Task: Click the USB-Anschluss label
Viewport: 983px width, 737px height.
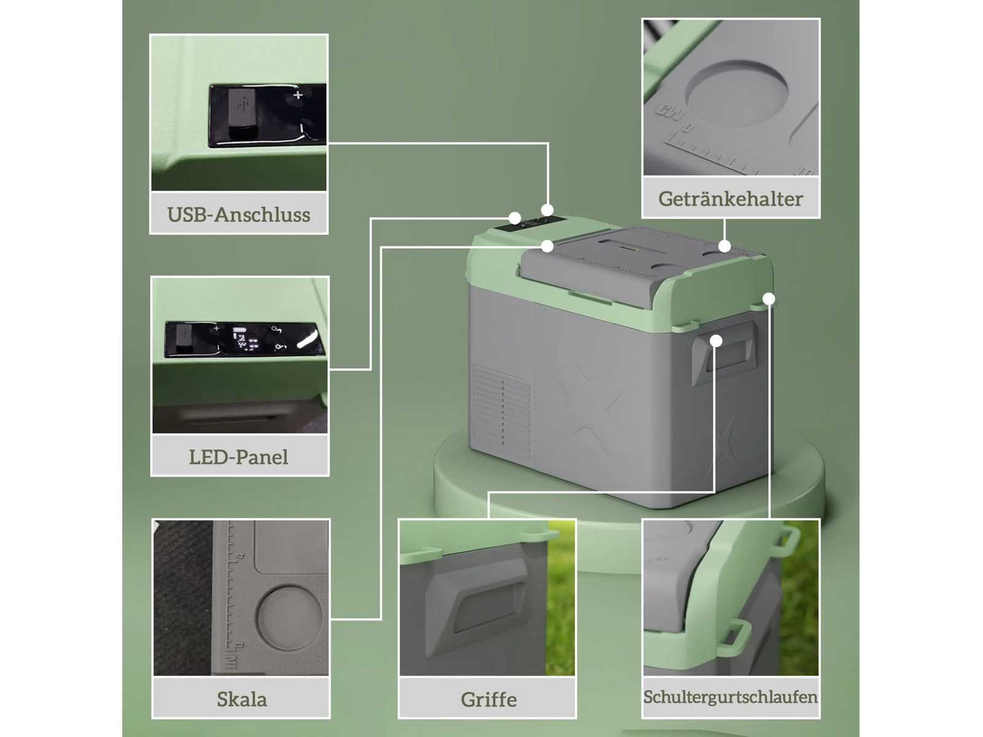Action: [x=239, y=214]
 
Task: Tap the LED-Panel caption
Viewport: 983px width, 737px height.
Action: [x=239, y=457]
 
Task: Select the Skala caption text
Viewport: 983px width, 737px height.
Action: [x=242, y=699]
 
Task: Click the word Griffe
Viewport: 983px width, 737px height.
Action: [x=488, y=700]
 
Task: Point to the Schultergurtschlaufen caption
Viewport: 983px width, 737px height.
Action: [x=730, y=697]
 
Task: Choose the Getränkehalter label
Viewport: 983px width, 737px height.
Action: [x=730, y=199]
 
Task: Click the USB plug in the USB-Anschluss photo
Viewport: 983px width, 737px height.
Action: [x=242, y=114]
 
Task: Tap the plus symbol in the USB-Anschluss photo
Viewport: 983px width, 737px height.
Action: [x=298, y=95]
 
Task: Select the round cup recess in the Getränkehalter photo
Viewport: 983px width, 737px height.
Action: [x=737, y=93]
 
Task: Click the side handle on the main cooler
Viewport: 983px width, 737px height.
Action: [x=724, y=354]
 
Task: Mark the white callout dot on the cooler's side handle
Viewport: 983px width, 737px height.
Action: [x=716, y=341]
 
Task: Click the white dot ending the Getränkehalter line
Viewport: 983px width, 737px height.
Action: [x=724, y=246]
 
